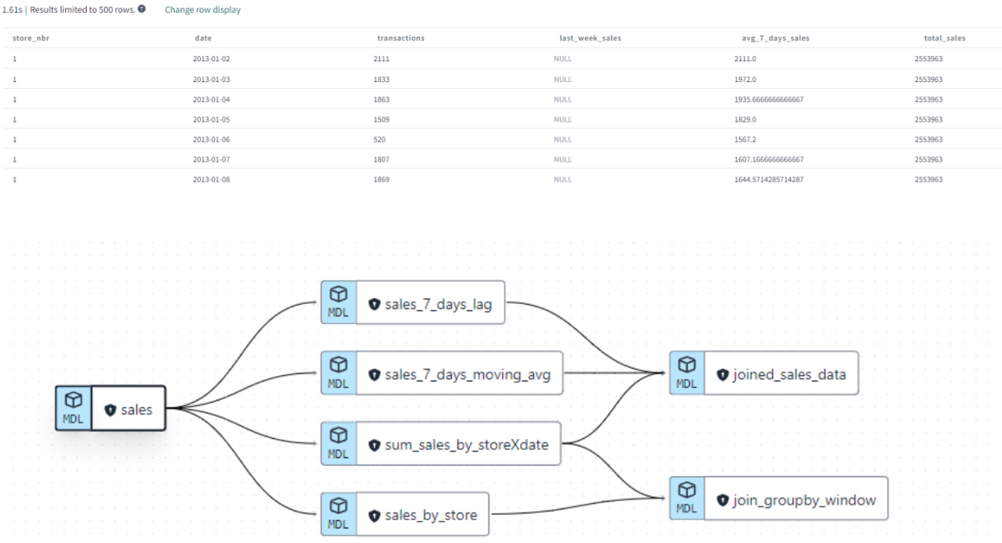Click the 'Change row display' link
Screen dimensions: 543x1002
[x=202, y=10]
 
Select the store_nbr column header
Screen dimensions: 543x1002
[x=31, y=38]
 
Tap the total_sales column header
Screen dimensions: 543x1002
[x=945, y=38]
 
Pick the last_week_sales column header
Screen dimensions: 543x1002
[x=590, y=38]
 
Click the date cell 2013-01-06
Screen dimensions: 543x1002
[x=209, y=139]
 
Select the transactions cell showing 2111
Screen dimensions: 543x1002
[x=382, y=59]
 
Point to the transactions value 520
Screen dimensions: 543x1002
[x=379, y=139]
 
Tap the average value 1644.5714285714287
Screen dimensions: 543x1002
[x=769, y=179]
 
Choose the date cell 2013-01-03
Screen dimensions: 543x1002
[x=209, y=79]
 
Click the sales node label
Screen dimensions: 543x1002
[x=136, y=410]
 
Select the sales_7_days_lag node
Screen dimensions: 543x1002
[x=438, y=304]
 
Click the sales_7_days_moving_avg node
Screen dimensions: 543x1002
[x=467, y=375]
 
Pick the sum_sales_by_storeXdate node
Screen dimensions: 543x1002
[x=466, y=444]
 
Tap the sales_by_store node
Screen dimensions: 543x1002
[x=430, y=515]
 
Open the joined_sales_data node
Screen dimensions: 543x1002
[x=790, y=375]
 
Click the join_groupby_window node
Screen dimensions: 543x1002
[x=804, y=500]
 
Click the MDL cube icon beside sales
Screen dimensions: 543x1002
[x=74, y=400]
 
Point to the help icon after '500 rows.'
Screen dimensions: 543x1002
[x=142, y=9]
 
